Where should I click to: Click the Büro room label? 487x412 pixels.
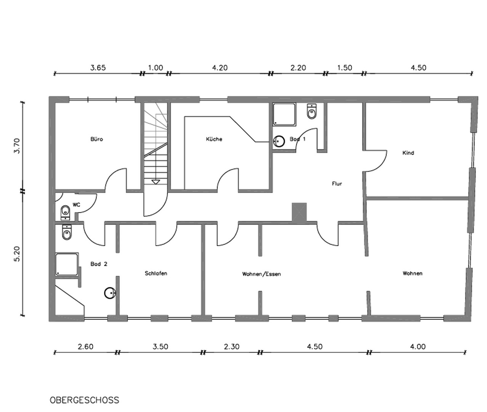click(96, 139)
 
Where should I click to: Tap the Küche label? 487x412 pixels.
click(214, 139)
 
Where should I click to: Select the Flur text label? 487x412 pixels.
click(337, 184)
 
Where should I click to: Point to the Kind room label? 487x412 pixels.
click(408, 153)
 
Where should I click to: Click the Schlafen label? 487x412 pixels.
click(156, 273)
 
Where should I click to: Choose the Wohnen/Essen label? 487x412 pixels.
click(261, 274)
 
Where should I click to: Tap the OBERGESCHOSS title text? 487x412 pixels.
click(85, 400)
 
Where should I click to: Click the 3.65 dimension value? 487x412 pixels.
click(98, 68)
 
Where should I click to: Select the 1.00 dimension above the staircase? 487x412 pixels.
click(155, 68)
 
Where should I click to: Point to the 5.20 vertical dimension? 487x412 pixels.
click(17, 254)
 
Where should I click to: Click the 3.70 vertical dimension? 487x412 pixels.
click(17, 146)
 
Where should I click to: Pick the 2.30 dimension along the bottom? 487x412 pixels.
click(232, 347)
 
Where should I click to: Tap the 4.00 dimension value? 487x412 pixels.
click(418, 347)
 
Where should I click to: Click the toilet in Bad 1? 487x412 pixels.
click(312, 111)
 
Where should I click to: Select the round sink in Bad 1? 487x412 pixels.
click(279, 141)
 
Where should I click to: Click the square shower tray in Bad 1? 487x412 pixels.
click(284, 114)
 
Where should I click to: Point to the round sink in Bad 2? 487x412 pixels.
click(110, 293)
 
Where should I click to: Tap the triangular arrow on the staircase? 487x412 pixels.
click(155, 182)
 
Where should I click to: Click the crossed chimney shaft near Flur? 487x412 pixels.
click(299, 212)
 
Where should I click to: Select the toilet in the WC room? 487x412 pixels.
click(65, 213)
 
